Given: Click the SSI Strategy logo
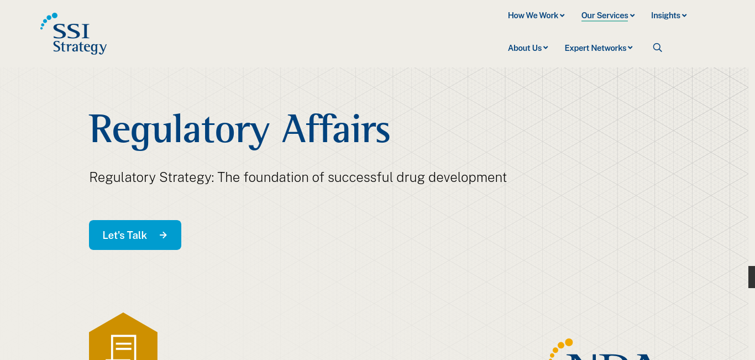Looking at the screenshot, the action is pos(74,34).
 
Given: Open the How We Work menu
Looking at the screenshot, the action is pos(536,15).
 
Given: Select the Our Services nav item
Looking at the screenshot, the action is pos(608,15).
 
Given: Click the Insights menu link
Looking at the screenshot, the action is pos(669,15).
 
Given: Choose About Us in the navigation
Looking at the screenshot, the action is pos(528,48).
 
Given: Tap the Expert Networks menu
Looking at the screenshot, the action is pos(598,48).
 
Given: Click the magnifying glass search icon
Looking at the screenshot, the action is pos(657,48).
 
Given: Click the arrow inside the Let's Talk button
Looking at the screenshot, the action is pos(163,235).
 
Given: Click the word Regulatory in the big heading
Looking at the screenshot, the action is pos(179,131).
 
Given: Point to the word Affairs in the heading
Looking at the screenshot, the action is pos(335,128).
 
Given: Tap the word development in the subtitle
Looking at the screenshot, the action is pos(468,178).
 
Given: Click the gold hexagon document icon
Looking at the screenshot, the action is pos(123,337).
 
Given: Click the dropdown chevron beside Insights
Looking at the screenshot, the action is pos(684,15).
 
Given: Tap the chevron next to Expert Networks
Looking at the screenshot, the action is pos(630,48).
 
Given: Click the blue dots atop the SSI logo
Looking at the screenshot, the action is pos(49,20).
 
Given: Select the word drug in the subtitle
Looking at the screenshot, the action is pos(411,178).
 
